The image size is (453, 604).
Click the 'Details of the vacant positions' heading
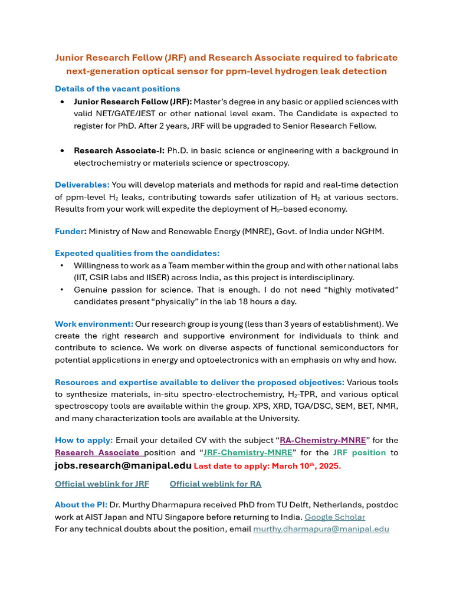tap(117, 89)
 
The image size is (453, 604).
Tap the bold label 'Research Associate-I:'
tap(119, 151)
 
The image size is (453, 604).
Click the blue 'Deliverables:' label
tap(82, 185)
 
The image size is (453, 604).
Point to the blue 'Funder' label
tap(70, 231)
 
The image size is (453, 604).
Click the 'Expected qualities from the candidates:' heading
tap(137, 254)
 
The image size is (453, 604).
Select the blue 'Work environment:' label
tap(94, 324)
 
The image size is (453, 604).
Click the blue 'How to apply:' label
tap(84, 440)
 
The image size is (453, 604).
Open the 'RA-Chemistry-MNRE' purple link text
tap(323, 440)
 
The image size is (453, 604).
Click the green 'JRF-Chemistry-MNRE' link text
tap(248, 452)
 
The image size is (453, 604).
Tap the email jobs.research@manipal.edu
tap(123, 465)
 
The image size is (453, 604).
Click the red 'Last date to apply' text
tap(267, 466)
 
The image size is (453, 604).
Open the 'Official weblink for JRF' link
tap(102, 484)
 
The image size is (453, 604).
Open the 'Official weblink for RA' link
tap(215, 484)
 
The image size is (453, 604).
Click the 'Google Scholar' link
tap(334, 517)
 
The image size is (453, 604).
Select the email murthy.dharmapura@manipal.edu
tap(321, 529)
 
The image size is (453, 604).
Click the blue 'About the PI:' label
tap(81, 505)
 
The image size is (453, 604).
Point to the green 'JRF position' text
tap(359, 452)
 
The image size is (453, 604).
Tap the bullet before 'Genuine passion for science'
tap(63, 290)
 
